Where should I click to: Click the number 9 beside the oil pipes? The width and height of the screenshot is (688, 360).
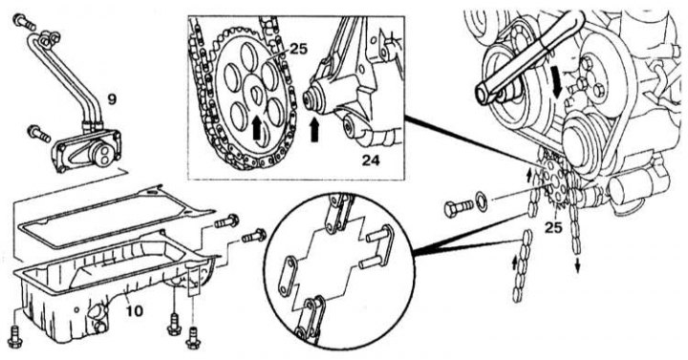pyautogui.click(x=112, y=99)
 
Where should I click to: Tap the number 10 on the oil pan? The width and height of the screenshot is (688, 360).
pyautogui.click(x=135, y=311)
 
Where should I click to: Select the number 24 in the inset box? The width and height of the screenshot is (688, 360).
pyautogui.click(x=371, y=160)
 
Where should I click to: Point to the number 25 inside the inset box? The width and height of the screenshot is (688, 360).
pyautogui.click(x=299, y=49)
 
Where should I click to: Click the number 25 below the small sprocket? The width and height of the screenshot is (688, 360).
pyautogui.click(x=553, y=227)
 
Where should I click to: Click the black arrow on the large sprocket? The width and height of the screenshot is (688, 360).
pyautogui.click(x=258, y=130)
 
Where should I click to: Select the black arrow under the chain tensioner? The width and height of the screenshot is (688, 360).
pyautogui.click(x=314, y=130)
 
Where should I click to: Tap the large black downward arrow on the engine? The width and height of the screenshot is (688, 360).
pyautogui.click(x=558, y=86)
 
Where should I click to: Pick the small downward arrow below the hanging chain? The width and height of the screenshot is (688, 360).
pyautogui.click(x=577, y=265)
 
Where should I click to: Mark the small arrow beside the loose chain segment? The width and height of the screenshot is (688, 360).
pyautogui.click(x=515, y=264)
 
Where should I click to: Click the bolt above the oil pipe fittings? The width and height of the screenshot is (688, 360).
pyautogui.click(x=24, y=22)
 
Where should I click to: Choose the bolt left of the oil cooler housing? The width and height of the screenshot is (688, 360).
pyautogui.click(x=39, y=134)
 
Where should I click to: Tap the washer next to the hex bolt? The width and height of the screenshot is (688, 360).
pyautogui.click(x=482, y=203)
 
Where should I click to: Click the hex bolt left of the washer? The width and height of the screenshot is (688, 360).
pyautogui.click(x=459, y=208)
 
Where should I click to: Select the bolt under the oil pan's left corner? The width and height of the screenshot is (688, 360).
pyautogui.click(x=15, y=338)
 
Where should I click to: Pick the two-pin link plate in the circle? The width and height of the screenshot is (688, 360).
pyautogui.click(x=377, y=246)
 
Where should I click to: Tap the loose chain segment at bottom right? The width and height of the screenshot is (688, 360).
pyautogui.click(x=522, y=266)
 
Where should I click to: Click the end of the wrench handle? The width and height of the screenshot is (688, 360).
pyautogui.click(x=482, y=94)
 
